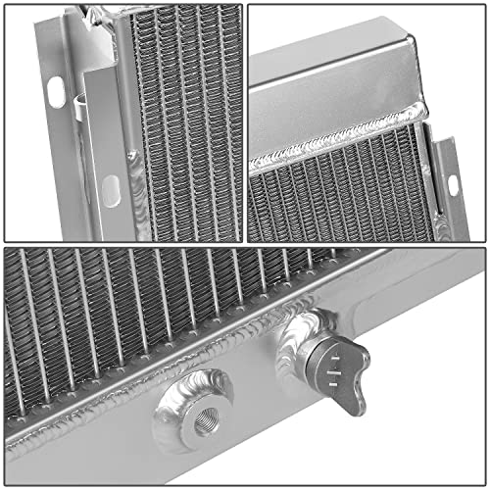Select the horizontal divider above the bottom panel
pyautogui.click(x=245, y=245)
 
